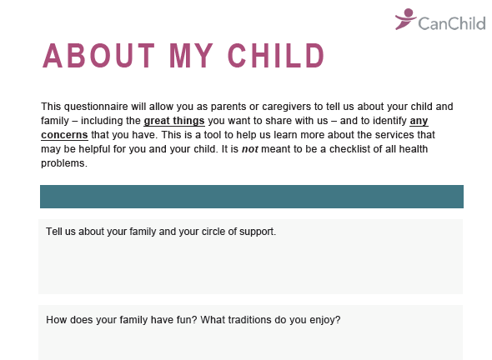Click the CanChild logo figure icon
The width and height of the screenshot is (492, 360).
coord(405,19)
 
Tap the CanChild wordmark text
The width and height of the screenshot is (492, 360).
coord(452,23)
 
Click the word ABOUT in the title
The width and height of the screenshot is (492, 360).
coord(99,56)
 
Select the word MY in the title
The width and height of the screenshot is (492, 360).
coord(192,56)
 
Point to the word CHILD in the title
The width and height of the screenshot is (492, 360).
coord(276,56)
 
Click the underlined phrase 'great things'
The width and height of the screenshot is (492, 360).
coord(174,121)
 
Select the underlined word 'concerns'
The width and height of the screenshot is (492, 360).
coord(64,135)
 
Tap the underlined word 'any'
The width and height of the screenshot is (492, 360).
coord(419,121)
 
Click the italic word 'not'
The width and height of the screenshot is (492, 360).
coord(250,149)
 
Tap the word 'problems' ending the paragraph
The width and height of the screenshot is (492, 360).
coord(64,163)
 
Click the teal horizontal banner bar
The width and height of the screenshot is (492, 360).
coord(252,197)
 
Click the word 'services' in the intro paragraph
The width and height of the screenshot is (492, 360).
coord(394,135)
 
